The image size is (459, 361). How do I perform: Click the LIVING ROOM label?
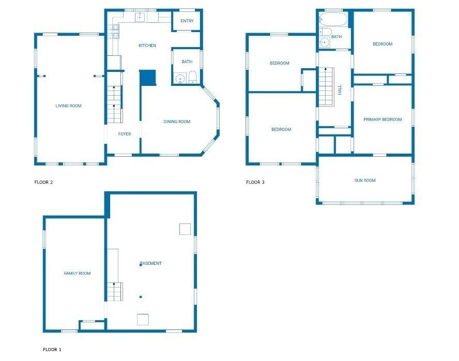click(69, 106)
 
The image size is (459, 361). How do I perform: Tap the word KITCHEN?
click(147, 46)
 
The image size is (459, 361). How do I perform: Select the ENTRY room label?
click(187, 21)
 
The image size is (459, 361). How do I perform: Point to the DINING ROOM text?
click(177, 122)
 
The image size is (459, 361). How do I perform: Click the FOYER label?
click(125, 134)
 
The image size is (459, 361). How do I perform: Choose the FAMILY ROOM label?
click(77, 274)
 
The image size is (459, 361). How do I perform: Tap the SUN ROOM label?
click(365, 180)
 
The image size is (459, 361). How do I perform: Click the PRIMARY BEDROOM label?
click(382, 120)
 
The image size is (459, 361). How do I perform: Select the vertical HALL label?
click(340, 90)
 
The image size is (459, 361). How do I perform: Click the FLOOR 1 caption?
click(52, 350)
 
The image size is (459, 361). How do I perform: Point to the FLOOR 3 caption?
click(255, 182)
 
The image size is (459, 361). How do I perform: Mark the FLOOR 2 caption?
click(43, 182)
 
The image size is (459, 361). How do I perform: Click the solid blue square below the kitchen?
click(147, 78)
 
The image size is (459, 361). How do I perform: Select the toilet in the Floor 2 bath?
click(192, 79)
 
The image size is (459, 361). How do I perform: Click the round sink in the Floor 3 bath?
click(325, 43)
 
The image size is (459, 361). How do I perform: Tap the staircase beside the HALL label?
click(326, 87)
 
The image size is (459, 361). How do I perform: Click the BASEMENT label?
click(151, 264)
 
